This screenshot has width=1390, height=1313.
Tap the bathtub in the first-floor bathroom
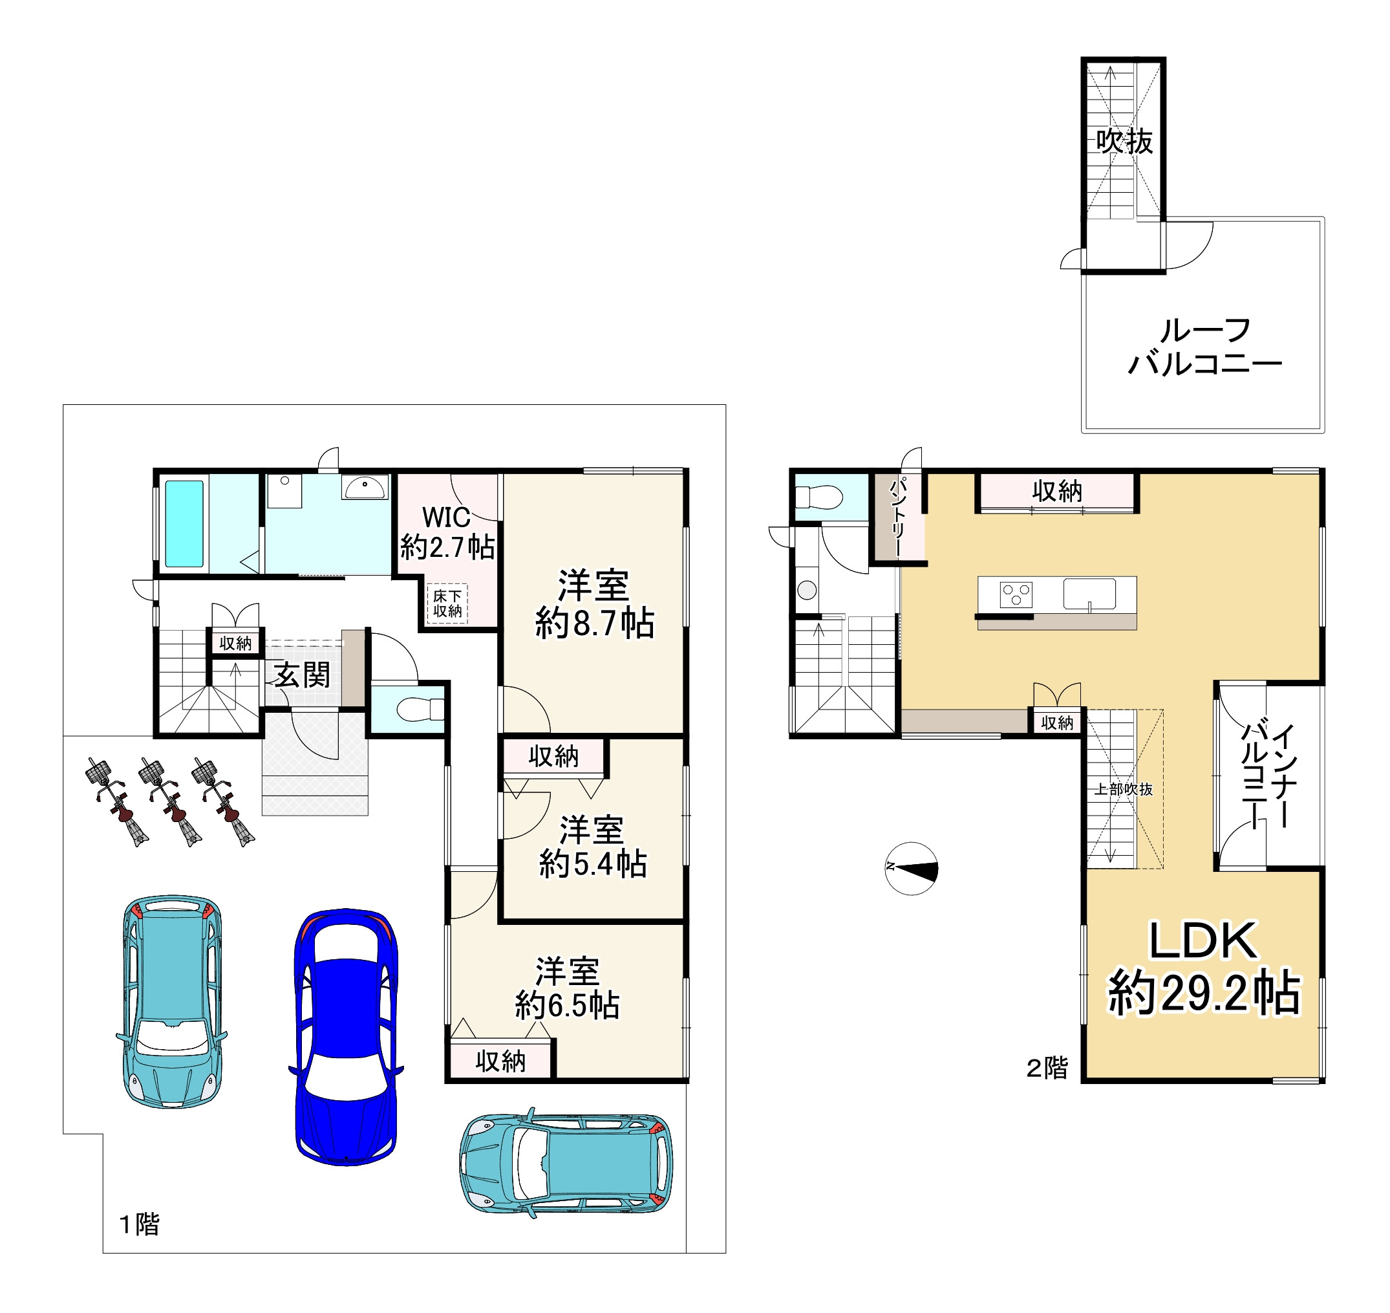coord(184,523)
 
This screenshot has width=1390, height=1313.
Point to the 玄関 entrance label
coord(302,675)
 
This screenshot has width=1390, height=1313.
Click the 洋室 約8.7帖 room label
coord(595,604)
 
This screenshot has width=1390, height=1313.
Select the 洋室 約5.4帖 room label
coord(592,846)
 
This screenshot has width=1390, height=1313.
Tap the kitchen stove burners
coord(1016,595)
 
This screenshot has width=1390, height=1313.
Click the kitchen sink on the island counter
coord(1089,594)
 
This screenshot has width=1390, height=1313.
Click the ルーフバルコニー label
coord(1204,347)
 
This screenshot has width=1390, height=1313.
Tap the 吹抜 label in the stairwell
coord(1124,142)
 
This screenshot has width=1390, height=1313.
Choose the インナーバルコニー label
coord(1269,775)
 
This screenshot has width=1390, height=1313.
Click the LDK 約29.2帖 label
coord(1203,969)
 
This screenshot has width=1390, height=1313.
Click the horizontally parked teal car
coord(566,1162)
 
